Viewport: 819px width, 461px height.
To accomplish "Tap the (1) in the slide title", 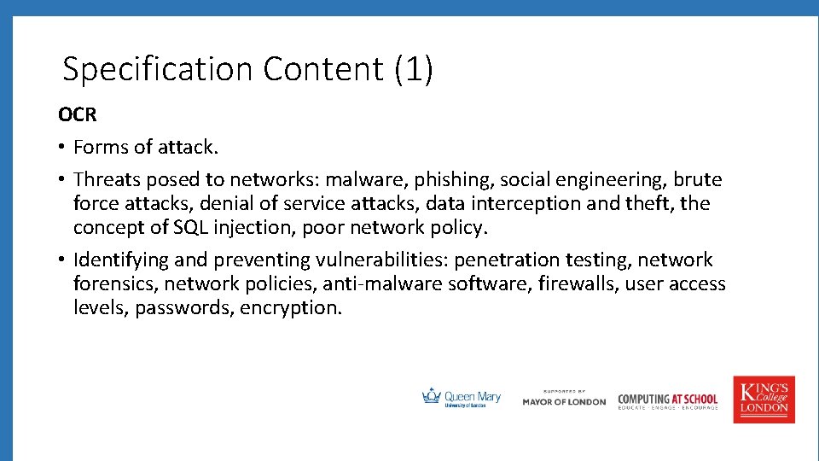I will click(414, 69).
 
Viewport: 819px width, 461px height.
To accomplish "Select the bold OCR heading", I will click(78, 114).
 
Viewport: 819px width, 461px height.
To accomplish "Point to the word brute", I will click(697, 180).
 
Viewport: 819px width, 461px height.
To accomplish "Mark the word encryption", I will click(291, 307).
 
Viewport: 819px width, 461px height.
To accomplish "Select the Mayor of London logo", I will click(564, 399).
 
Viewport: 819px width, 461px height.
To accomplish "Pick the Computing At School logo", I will click(667, 400).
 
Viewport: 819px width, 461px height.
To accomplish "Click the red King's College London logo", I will click(764, 399).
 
